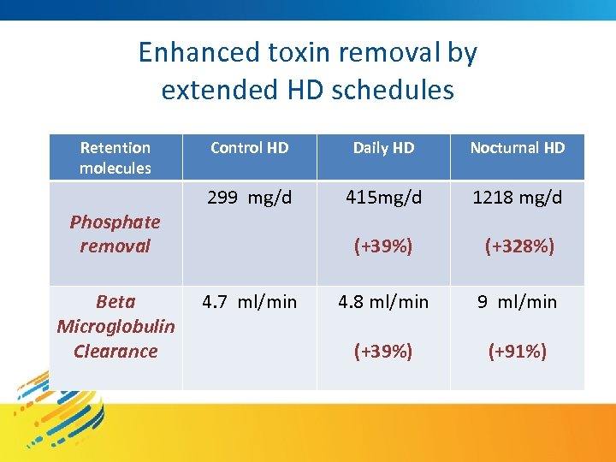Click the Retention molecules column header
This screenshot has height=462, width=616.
point(115,157)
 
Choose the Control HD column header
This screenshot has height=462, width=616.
point(249,148)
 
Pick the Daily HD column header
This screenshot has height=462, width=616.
point(383,148)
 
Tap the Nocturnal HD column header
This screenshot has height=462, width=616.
point(518,148)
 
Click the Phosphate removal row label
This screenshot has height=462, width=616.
point(115,234)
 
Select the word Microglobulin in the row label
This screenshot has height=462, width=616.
point(115,326)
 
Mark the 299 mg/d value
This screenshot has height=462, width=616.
point(249,198)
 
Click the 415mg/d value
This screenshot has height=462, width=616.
point(383,198)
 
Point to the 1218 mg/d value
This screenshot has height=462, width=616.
point(518,198)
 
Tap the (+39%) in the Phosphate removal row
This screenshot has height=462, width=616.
point(383,246)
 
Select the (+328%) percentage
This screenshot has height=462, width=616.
point(518,246)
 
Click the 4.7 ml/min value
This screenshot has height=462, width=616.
point(249,302)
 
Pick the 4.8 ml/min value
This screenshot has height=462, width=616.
point(383,302)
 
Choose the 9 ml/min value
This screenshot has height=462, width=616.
point(518,302)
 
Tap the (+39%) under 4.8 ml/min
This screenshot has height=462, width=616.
point(383,351)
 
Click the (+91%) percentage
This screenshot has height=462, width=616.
point(518,351)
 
